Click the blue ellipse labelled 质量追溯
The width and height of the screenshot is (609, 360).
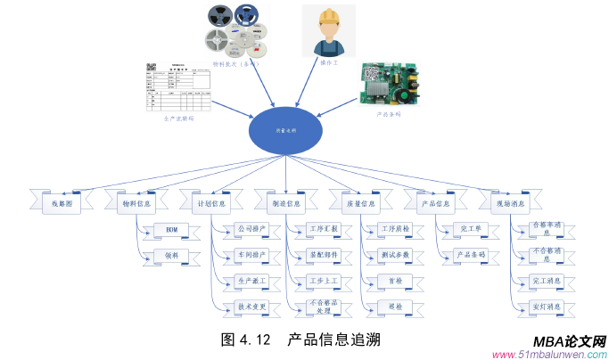pos(285,130)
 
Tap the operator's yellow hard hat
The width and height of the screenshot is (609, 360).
pos(326,17)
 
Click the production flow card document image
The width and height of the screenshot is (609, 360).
pos(178,86)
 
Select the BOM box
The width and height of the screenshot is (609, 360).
pos(171,230)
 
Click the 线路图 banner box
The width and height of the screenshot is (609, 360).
pos(60,203)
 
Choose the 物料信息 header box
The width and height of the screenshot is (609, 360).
pos(136,203)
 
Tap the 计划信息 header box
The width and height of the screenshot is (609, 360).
pos(210,203)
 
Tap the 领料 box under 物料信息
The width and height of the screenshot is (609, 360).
pos(171,256)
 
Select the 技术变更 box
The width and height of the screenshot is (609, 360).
pos(252,307)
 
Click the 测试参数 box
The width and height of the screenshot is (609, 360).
pos(395,255)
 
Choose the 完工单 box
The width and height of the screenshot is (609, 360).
pos(470,230)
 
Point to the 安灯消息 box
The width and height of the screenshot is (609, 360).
pos(546,307)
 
